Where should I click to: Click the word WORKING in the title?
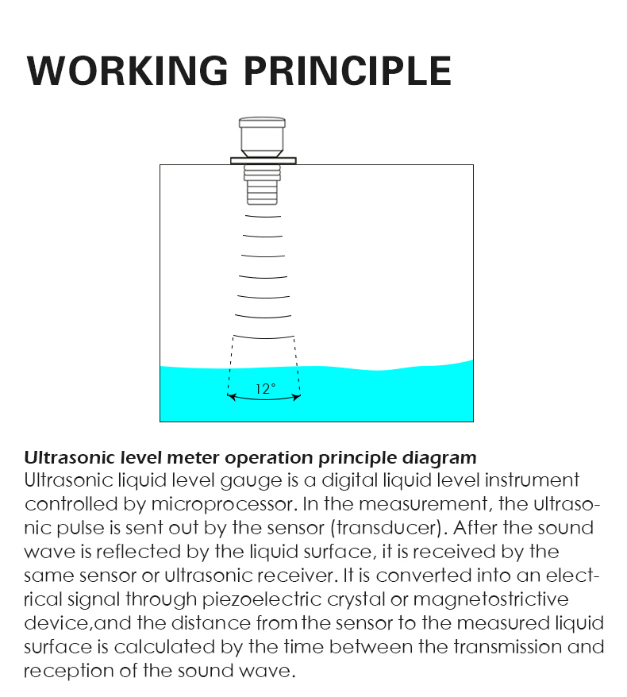pyautogui.click(x=128, y=71)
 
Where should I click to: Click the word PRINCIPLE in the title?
pyautogui.click(x=348, y=71)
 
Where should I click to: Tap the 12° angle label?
pyautogui.click(x=265, y=389)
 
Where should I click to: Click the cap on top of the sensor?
pyautogui.click(x=262, y=123)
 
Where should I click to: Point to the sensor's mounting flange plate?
pyautogui.click(x=263, y=160)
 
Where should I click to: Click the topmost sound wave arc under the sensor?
pyautogui.click(x=263, y=217)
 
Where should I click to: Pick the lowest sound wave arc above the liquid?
pyautogui.click(x=263, y=337)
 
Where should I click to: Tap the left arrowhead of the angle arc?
pyautogui.click(x=231, y=396)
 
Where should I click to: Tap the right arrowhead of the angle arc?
pyautogui.click(x=296, y=396)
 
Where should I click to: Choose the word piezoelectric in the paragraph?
pyautogui.click(x=262, y=599)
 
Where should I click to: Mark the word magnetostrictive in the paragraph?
pyautogui.click(x=491, y=599)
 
